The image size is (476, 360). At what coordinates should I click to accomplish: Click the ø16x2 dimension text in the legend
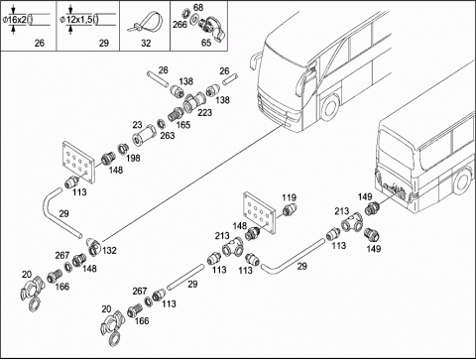pyautogui.click(x=14, y=20)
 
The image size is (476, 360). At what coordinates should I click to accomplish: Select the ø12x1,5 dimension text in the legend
pyautogui.click(x=76, y=20)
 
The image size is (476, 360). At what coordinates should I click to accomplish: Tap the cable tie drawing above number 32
pyautogui.click(x=145, y=23)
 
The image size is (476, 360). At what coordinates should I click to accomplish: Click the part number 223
pyautogui.click(x=204, y=113)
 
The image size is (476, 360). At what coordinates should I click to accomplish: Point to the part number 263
pyautogui.click(x=168, y=135)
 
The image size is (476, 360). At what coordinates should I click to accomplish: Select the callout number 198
pyautogui.click(x=133, y=158)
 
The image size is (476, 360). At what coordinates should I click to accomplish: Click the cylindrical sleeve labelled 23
pyautogui.click(x=144, y=136)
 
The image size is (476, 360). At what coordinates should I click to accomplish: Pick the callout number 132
pyautogui.click(x=109, y=251)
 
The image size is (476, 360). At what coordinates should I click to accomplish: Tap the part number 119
pyautogui.click(x=289, y=197)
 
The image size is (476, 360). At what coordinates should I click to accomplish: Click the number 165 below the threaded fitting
pyautogui.click(x=183, y=125)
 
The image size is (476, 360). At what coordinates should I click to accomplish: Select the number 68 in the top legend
pyautogui.click(x=198, y=7)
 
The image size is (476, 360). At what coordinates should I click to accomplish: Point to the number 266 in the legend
pyautogui.click(x=179, y=25)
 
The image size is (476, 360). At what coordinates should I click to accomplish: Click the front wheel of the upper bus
pyautogui.click(x=329, y=107)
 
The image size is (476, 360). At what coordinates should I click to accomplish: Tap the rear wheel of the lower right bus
pyautogui.click(x=462, y=181)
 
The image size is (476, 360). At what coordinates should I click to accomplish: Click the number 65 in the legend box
pyautogui.click(x=206, y=43)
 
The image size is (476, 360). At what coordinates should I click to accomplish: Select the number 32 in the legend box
pyautogui.click(x=146, y=43)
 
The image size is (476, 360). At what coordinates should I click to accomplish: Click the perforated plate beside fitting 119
pyautogui.click(x=260, y=214)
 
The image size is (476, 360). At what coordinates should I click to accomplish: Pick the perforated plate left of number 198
pyautogui.click(x=78, y=162)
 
